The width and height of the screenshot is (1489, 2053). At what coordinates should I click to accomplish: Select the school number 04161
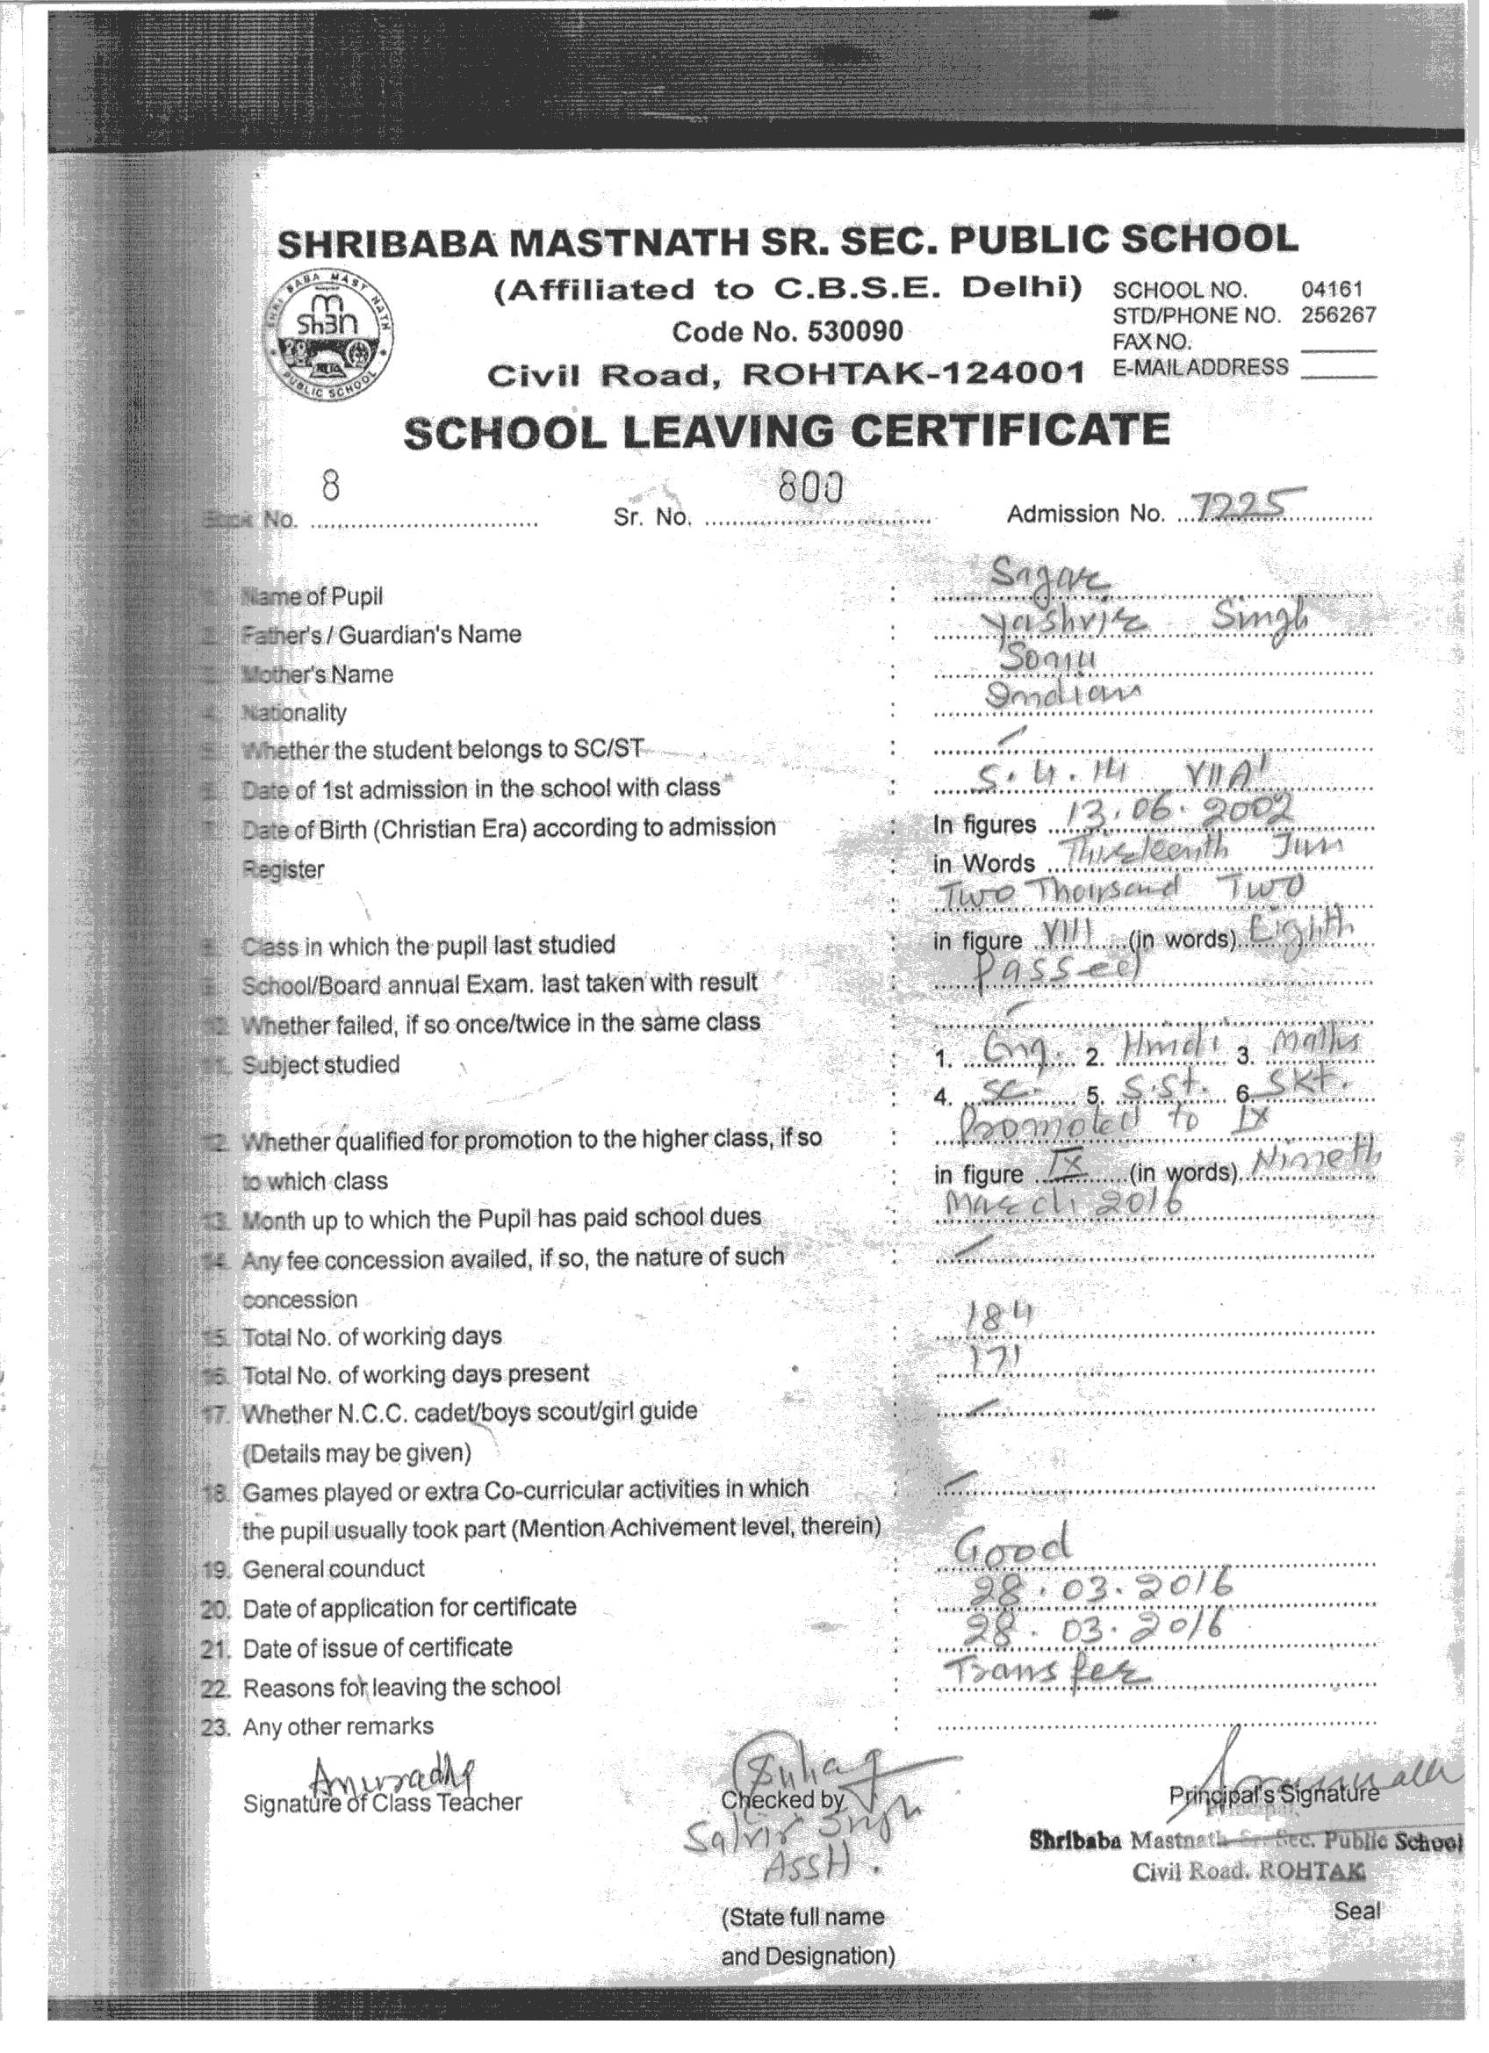click(x=1331, y=290)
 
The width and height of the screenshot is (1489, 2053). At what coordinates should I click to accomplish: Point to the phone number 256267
click(x=1338, y=315)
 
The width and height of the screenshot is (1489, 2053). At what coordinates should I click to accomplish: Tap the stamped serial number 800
click(x=809, y=490)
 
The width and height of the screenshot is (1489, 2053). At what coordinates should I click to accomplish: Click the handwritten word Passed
click(x=1077, y=970)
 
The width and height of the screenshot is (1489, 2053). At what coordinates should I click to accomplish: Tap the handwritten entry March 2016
click(x=1061, y=1203)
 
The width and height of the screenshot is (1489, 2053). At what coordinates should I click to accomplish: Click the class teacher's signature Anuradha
click(x=392, y=1771)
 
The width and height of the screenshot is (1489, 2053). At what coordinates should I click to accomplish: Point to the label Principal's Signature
click(x=1274, y=1793)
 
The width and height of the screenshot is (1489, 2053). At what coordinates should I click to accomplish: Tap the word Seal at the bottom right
click(x=1356, y=1910)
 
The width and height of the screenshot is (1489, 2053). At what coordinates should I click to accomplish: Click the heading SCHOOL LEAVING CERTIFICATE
click(x=786, y=431)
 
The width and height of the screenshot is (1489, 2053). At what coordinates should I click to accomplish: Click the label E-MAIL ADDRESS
click(x=1200, y=368)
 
